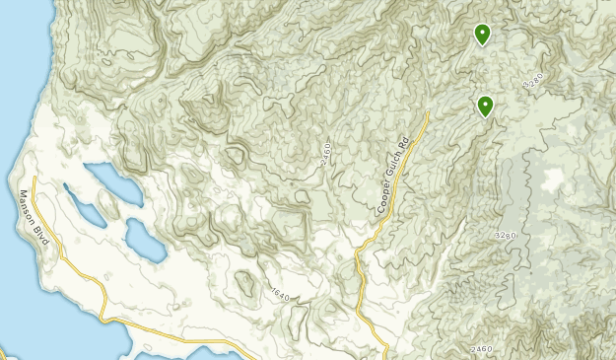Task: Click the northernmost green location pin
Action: click(x=482, y=35)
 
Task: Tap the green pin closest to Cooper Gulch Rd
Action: click(x=485, y=106)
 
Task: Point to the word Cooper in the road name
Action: click(x=384, y=198)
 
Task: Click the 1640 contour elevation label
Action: click(x=279, y=293)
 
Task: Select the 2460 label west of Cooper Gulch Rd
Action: click(x=325, y=154)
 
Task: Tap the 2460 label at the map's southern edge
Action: click(x=481, y=350)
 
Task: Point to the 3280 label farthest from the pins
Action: click(x=506, y=236)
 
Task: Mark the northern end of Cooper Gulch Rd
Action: click(x=429, y=115)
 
